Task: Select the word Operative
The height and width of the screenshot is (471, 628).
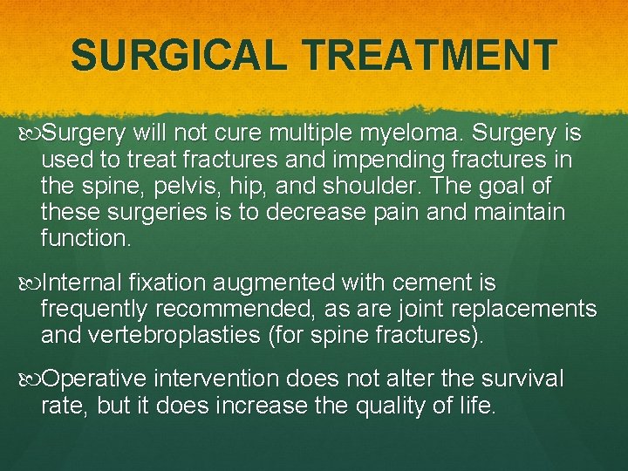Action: [x=96, y=379]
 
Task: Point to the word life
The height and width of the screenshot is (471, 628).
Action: [x=476, y=406]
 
